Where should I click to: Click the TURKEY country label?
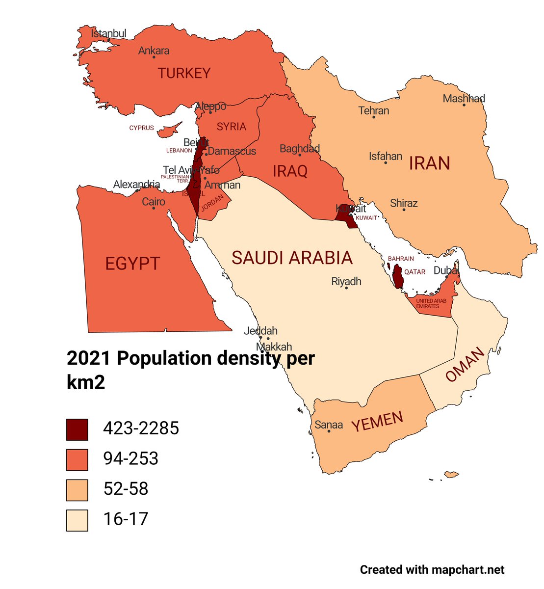click(184, 74)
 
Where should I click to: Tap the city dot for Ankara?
click(154, 57)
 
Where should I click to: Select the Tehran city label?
click(374, 110)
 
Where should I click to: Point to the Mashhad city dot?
click(464, 105)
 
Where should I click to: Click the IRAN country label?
click(429, 163)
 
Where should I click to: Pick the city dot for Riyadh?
click(347, 288)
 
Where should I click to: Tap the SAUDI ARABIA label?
click(292, 258)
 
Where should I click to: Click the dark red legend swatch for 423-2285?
click(77, 429)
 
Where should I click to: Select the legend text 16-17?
click(126, 519)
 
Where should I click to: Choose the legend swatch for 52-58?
click(77, 490)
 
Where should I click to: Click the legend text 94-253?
click(130, 459)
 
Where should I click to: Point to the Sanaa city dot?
click(329, 431)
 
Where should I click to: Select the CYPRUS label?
click(141, 128)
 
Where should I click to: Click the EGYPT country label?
click(132, 264)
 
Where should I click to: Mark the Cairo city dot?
click(154, 208)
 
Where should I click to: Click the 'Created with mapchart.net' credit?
click(432, 570)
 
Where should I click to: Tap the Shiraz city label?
click(404, 203)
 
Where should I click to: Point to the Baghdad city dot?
click(300, 155)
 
